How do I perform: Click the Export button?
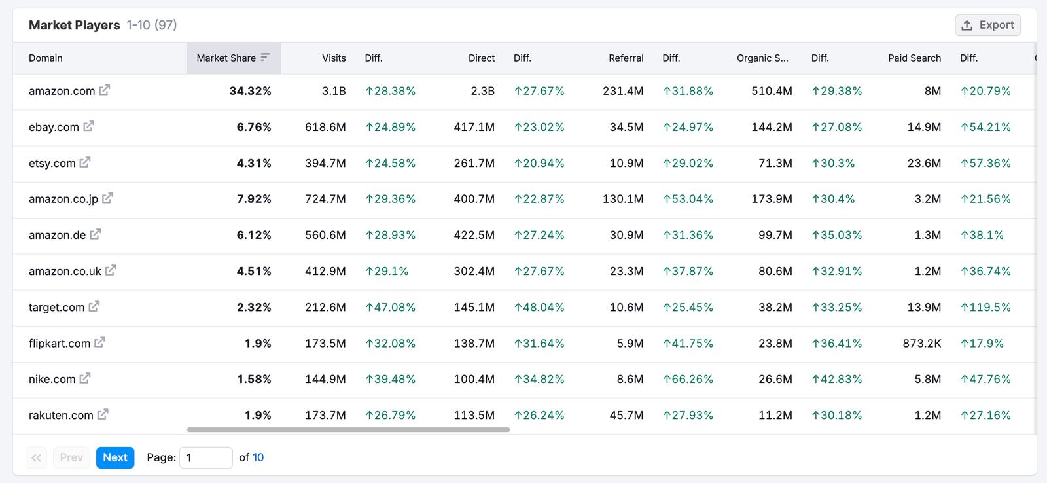point(987,25)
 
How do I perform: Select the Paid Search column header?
point(914,58)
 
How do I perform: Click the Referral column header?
point(626,58)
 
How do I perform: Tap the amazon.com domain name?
point(62,91)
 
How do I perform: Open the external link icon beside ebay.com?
point(88,126)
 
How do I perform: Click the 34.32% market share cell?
point(250,91)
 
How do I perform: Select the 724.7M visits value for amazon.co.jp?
point(325,199)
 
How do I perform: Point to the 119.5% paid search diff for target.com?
point(985,307)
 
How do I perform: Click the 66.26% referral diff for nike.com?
point(688,379)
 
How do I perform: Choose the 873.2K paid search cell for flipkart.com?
point(921,343)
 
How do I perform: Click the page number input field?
point(205,457)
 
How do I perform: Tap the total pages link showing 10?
point(258,457)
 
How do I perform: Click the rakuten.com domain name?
point(61,415)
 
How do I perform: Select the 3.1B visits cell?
point(334,91)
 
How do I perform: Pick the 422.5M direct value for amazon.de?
point(474,235)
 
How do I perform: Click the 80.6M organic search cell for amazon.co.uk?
point(775,271)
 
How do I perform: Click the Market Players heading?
point(75,25)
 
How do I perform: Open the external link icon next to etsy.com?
point(85,162)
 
